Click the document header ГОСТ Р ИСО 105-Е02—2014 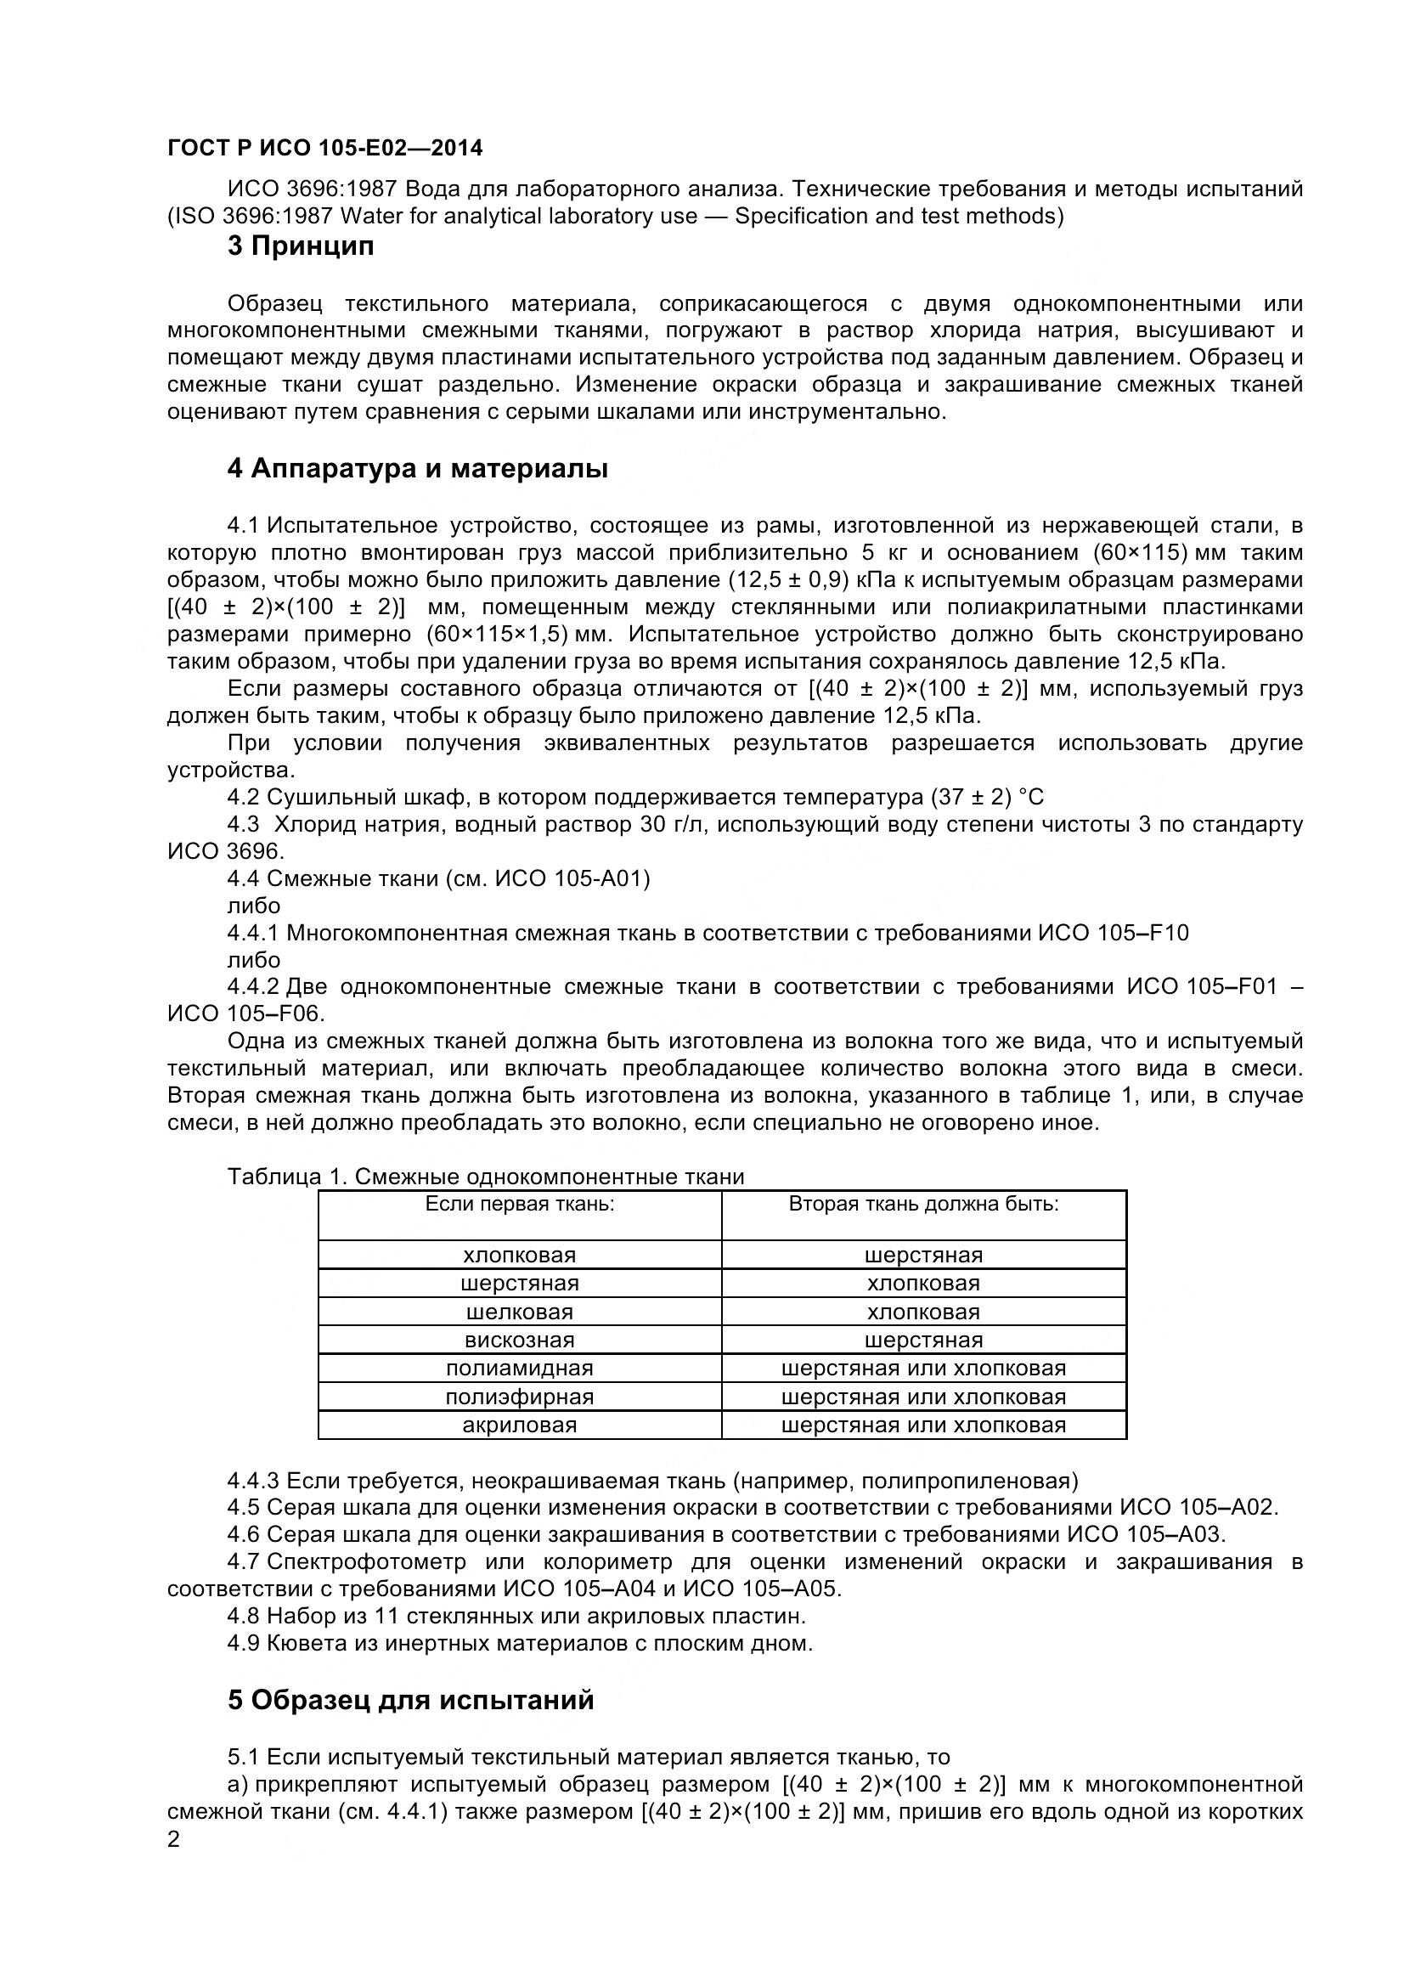click(x=324, y=149)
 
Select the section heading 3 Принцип click(x=301, y=246)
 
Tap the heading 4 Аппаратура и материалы click(x=417, y=469)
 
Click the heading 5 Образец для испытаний click(x=411, y=1700)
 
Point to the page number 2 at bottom click(x=173, y=1864)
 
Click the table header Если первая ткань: click(x=519, y=1205)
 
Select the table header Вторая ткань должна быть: click(x=923, y=1205)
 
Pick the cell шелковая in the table click(x=519, y=1312)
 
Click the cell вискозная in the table click(x=519, y=1341)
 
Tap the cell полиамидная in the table click(x=519, y=1369)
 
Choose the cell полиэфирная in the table click(x=519, y=1397)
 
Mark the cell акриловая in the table click(x=519, y=1425)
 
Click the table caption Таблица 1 click(x=286, y=1177)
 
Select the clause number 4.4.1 click(x=252, y=933)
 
